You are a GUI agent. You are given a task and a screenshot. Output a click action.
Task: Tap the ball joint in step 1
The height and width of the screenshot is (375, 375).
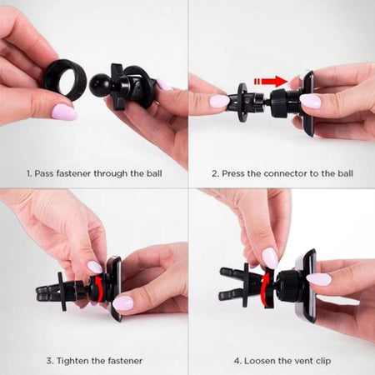101,84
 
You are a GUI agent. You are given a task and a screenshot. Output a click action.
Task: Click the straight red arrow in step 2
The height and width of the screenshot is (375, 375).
270,82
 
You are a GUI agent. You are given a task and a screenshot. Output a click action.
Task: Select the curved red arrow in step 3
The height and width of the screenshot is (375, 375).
98,289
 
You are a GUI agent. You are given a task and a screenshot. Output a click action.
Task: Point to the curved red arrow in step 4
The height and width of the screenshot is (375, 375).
265,290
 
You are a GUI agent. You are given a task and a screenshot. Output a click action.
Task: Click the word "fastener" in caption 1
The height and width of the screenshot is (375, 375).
73,173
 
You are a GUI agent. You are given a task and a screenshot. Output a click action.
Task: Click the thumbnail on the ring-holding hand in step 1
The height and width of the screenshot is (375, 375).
64,112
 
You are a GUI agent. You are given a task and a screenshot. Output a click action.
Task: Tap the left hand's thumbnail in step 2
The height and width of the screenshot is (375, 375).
220,101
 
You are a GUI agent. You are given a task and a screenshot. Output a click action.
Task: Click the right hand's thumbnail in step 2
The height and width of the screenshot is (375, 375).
310,101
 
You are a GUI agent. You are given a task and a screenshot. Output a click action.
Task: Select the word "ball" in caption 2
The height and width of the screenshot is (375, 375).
345,173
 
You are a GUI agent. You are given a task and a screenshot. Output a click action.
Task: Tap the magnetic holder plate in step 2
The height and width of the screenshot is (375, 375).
307,103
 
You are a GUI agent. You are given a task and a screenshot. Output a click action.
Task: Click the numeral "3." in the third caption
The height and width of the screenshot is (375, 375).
50,361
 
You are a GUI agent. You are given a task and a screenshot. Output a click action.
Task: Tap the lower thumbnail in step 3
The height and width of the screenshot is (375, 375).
123,302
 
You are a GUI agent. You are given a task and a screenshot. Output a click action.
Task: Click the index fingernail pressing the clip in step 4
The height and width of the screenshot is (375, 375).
270,258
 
